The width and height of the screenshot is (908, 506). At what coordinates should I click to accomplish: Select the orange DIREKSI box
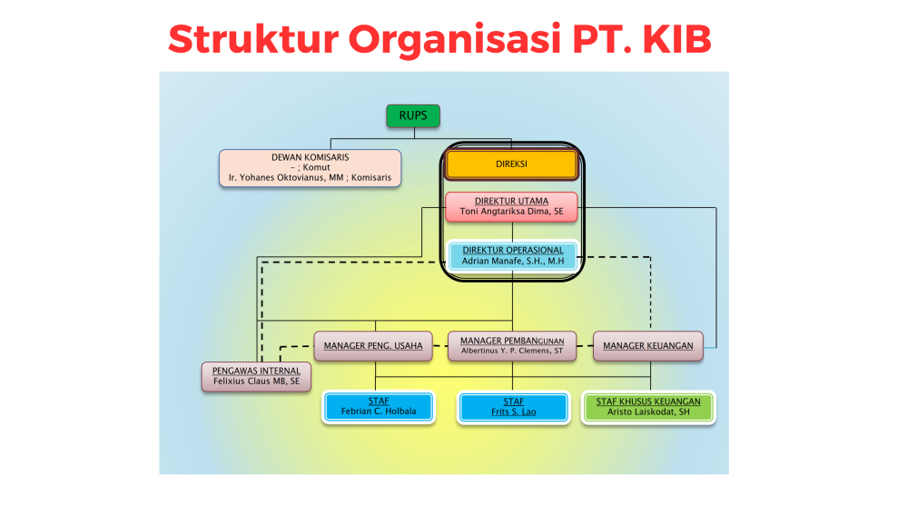pyautogui.click(x=511, y=164)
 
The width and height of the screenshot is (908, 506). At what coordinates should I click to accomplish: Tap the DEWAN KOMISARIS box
pyautogui.click(x=310, y=168)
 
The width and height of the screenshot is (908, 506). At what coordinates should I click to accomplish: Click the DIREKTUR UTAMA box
pyautogui.click(x=511, y=206)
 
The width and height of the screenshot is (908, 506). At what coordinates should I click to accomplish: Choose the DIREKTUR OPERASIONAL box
pyautogui.click(x=513, y=255)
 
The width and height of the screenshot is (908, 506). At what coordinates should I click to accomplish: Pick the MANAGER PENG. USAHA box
pyautogui.click(x=373, y=345)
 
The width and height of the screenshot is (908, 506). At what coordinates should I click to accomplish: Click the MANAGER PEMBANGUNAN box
pyautogui.click(x=512, y=345)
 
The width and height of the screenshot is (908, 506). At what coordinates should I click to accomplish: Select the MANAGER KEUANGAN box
pyautogui.click(x=648, y=345)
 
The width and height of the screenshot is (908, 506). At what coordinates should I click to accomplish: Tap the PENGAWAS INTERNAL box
pyautogui.click(x=255, y=376)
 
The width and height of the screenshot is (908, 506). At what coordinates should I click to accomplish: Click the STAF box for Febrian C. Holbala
pyautogui.click(x=378, y=406)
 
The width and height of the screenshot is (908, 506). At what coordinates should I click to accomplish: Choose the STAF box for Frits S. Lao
pyautogui.click(x=513, y=406)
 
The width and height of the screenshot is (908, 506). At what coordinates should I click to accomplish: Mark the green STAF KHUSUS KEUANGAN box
pyautogui.click(x=648, y=406)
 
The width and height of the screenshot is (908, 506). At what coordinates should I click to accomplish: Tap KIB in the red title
pyautogui.click(x=670, y=39)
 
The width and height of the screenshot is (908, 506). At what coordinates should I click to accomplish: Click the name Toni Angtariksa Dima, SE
pyautogui.click(x=512, y=212)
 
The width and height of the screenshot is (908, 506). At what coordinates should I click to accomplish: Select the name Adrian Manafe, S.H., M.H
pyautogui.click(x=513, y=261)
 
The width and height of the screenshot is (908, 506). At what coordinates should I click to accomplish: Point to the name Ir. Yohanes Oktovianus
pyautogui.click(x=283, y=178)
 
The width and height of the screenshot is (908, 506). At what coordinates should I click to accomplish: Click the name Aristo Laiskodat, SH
pyautogui.click(x=648, y=412)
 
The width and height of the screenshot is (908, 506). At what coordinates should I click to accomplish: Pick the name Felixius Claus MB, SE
pyautogui.click(x=255, y=382)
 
